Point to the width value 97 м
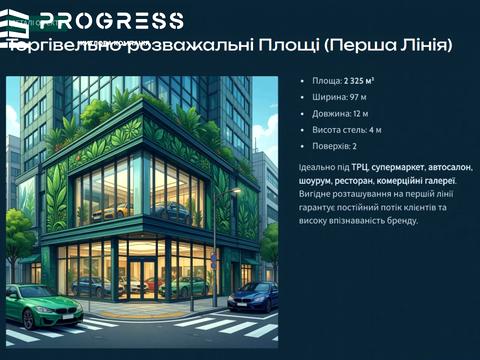[357, 97]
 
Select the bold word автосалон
[427, 167]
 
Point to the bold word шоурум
[316, 180]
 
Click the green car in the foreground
[42, 305]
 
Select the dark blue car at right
[253, 296]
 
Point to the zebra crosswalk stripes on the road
[210, 326]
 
